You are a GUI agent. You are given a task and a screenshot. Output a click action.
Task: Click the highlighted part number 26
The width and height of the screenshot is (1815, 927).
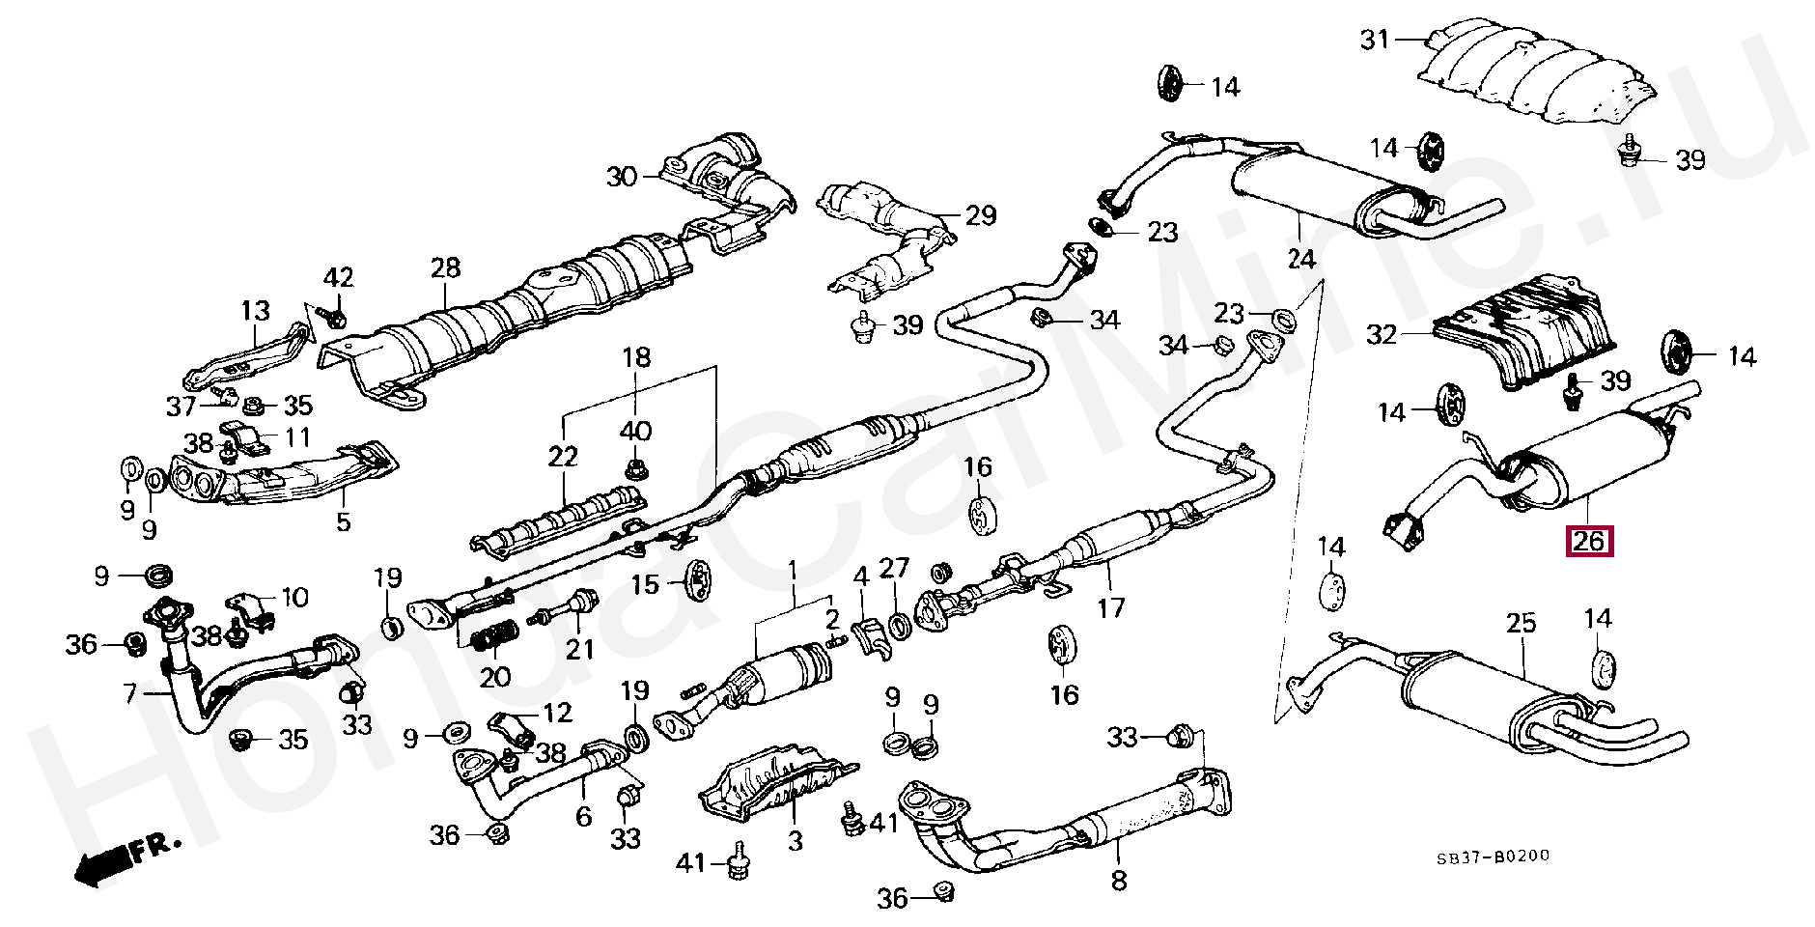1589,542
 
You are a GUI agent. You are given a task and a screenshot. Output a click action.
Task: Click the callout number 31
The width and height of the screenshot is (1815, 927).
1375,40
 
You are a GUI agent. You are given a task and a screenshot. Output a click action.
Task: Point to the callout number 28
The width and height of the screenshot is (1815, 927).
446,267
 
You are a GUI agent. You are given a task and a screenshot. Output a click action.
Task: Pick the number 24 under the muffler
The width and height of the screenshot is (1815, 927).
1300,259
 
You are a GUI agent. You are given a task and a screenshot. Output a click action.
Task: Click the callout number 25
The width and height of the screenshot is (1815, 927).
1521,623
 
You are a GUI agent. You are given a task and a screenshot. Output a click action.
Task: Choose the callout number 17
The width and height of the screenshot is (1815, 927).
1110,607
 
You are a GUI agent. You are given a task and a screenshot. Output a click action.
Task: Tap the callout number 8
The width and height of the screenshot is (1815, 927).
1118,880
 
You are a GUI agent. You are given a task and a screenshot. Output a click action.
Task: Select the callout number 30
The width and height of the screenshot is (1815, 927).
623,177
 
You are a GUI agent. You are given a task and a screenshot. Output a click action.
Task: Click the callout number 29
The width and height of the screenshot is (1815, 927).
980,214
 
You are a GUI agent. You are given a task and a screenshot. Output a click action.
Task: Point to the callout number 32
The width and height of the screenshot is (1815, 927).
1382,335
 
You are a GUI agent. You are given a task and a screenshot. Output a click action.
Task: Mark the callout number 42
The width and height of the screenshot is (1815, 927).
338,278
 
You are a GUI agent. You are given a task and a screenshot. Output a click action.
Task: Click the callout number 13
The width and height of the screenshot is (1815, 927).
256,311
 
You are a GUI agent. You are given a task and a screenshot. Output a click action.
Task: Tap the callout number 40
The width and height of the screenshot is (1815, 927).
635,431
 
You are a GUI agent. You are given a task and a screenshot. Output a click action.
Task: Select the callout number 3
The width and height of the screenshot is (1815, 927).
795,841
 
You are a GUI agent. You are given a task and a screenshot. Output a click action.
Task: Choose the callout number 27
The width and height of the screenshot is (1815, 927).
895,568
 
